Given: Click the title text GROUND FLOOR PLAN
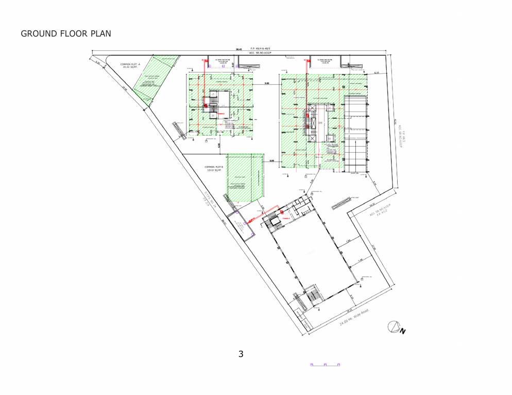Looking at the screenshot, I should click(66, 34).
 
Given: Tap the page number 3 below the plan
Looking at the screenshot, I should click(241, 354).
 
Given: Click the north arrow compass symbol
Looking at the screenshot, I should click(394, 327).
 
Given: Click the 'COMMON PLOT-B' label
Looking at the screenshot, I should click(213, 168).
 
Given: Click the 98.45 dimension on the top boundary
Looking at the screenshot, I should click(239, 49).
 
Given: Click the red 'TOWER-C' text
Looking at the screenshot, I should click(285, 218).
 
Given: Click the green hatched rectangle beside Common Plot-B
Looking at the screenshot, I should click(245, 177).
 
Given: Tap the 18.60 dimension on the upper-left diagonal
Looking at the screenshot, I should click(124, 88).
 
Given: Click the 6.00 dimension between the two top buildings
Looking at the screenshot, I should click(267, 83).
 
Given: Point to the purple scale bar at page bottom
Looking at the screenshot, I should click(326, 365).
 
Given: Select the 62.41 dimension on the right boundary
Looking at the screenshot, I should click(395, 123).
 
